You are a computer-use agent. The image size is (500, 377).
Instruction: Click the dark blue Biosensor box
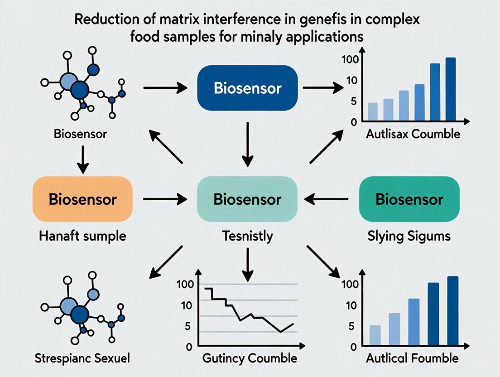click(247, 88)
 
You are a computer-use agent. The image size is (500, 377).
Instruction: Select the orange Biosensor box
click(82, 199)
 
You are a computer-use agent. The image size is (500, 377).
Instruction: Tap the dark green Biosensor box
click(409, 199)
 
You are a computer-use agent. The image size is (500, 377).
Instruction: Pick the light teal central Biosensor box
click(247, 199)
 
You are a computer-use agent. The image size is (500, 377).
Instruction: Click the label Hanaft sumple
click(82, 236)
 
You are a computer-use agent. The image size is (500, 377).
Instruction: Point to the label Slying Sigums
click(409, 236)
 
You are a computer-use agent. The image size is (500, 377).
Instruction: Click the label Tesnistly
click(247, 236)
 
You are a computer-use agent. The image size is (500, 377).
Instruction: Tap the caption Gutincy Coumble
click(249, 358)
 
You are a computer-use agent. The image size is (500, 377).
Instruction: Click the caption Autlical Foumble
click(412, 358)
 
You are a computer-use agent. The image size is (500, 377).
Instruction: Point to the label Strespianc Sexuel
click(82, 358)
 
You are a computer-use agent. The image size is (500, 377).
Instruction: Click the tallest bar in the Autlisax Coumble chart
click(450, 89)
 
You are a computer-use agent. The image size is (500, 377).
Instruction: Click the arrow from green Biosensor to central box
click(326, 198)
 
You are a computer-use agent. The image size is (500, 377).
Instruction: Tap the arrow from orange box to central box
click(165, 198)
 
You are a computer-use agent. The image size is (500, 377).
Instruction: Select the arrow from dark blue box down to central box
click(247, 144)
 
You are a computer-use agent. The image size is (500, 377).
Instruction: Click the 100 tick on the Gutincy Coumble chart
click(187, 284)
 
